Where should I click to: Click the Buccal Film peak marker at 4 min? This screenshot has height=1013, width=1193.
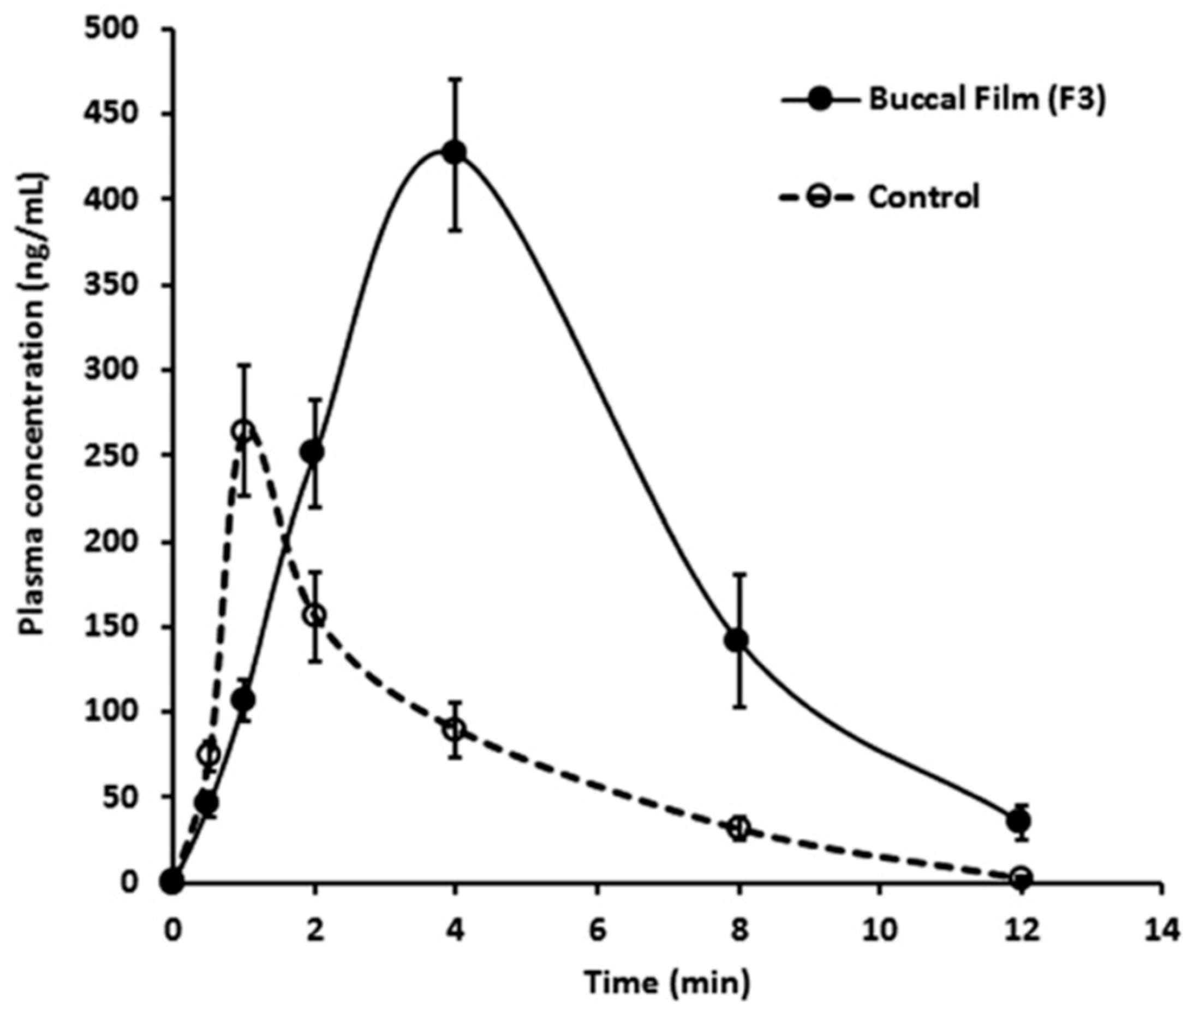tap(455, 152)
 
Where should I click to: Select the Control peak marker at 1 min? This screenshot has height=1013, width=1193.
tap(243, 431)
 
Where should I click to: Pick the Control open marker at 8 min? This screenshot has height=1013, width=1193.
tap(739, 828)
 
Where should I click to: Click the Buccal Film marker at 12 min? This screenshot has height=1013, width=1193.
tap(1021, 820)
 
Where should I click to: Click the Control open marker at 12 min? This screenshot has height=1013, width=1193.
tap(1022, 877)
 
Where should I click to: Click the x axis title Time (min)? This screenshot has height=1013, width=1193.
tap(667, 982)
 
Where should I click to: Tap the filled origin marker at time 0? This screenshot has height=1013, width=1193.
tap(172, 881)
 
